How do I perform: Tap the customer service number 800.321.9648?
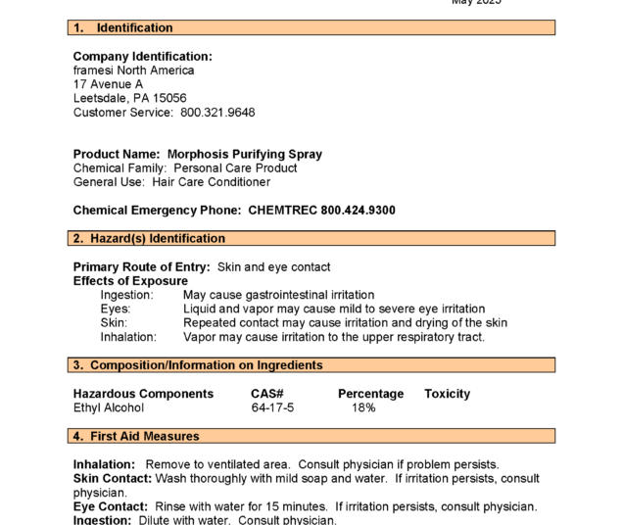point(217,113)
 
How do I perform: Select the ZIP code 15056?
point(168,99)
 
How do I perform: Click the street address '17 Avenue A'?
point(108,84)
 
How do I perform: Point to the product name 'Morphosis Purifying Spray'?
point(244,155)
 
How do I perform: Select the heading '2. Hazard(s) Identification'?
point(149,239)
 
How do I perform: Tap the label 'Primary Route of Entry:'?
point(142,267)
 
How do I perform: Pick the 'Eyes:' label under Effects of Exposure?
point(115,309)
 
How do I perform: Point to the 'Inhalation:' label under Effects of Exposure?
point(128,337)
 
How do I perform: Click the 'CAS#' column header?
point(267,394)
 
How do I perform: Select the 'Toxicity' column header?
point(447,394)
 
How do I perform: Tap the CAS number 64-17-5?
point(272,407)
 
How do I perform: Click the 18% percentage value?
point(363,407)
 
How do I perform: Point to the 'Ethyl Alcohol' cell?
point(109,407)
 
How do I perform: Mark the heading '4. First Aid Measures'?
point(136,437)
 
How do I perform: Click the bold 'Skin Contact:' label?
point(113,479)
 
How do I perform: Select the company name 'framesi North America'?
point(134,71)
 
